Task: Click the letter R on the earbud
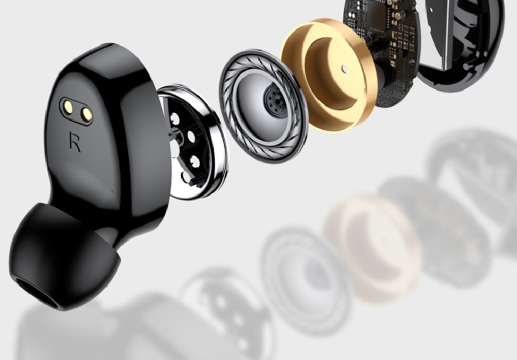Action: coord(75,142)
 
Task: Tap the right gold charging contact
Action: coord(86,114)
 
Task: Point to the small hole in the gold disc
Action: coord(345,69)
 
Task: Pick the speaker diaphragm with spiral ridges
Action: coord(264,106)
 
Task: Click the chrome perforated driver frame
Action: coord(191,142)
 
